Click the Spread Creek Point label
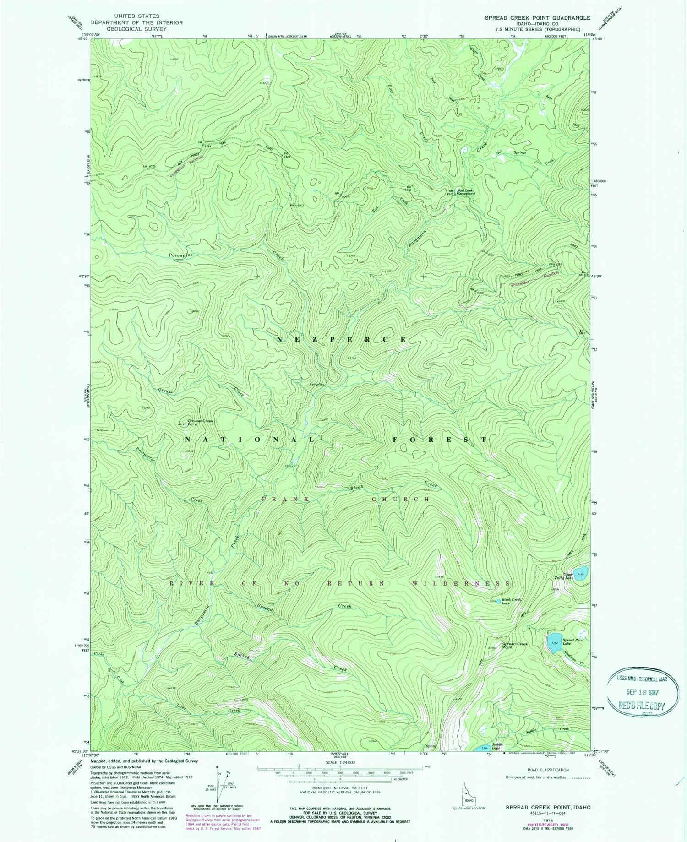tap(515, 646)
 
